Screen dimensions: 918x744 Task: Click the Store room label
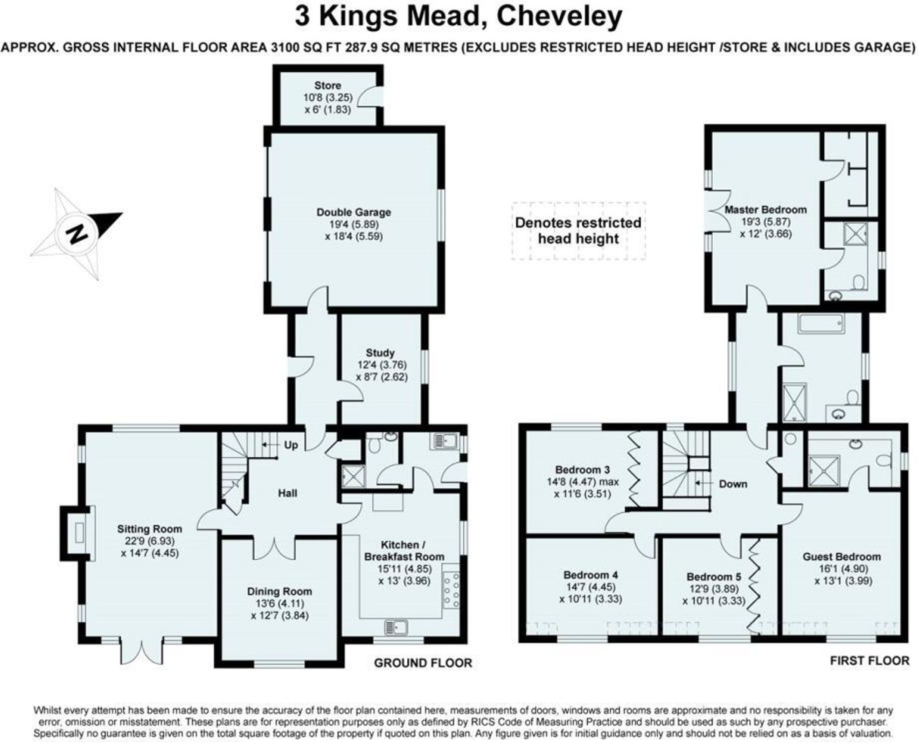pos(327,86)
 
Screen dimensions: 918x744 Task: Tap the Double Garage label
pos(354,212)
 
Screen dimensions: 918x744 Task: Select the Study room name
pos(380,353)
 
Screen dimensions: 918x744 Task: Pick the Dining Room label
pos(279,591)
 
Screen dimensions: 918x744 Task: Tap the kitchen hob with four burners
pos(452,591)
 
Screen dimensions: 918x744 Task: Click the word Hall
pos(287,493)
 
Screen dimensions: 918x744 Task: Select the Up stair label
pos(291,445)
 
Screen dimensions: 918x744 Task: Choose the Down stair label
pos(733,484)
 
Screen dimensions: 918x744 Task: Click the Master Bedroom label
pos(765,210)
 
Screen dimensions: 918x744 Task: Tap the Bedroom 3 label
pos(582,470)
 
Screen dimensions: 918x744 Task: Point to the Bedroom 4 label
pos(591,575)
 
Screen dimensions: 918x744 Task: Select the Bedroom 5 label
pos(714,577)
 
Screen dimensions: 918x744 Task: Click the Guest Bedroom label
pos(841,556)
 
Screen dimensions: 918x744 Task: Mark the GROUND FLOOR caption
pos(423,663)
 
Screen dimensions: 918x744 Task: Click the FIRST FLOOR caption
pos(869,661)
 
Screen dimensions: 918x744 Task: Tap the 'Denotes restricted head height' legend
pos(578,231)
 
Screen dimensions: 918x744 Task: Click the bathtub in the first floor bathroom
pos(821,323)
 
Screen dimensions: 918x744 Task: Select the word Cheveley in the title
pos(559,17)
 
